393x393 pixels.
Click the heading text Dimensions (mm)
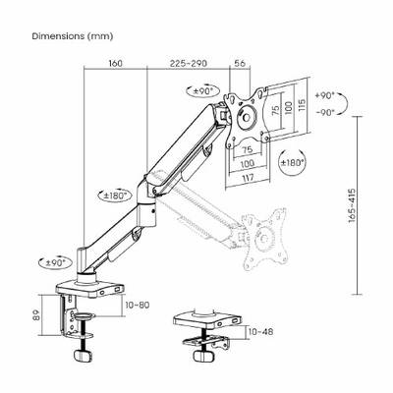73,36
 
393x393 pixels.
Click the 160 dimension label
115,63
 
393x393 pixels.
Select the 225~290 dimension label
189,63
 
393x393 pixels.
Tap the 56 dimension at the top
240,63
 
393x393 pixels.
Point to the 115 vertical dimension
302,105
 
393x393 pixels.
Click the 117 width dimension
249,178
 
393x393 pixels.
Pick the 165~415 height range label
352,205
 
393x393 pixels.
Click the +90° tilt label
324,95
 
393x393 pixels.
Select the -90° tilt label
324,112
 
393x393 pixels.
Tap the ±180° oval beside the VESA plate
292,162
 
